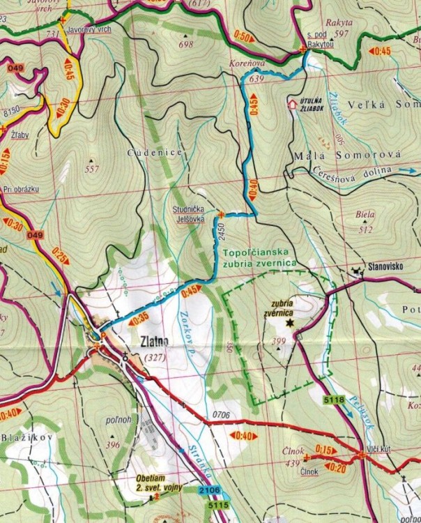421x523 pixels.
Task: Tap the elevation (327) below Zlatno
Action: tap(152, 357)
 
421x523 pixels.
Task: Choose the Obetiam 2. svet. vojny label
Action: tap(160, 487)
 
